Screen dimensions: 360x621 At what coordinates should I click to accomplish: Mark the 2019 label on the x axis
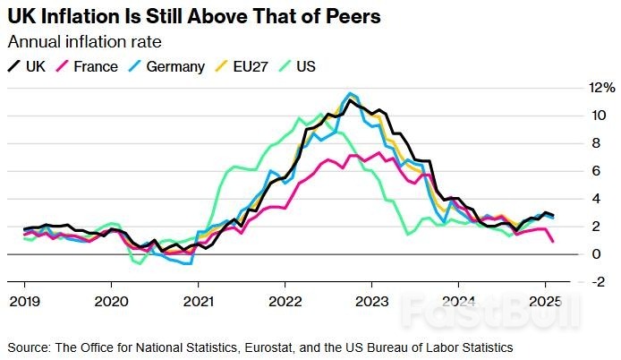coord(23,301)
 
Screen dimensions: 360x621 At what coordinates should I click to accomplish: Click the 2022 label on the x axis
coord(285,301)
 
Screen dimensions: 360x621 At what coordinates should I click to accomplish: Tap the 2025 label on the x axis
coord(546,301)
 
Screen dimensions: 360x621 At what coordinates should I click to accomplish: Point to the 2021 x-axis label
coord(198,301)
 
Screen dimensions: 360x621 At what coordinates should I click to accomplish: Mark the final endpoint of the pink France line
coord(552,241)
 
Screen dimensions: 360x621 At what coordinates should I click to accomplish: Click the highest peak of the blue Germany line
coord(350,93)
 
